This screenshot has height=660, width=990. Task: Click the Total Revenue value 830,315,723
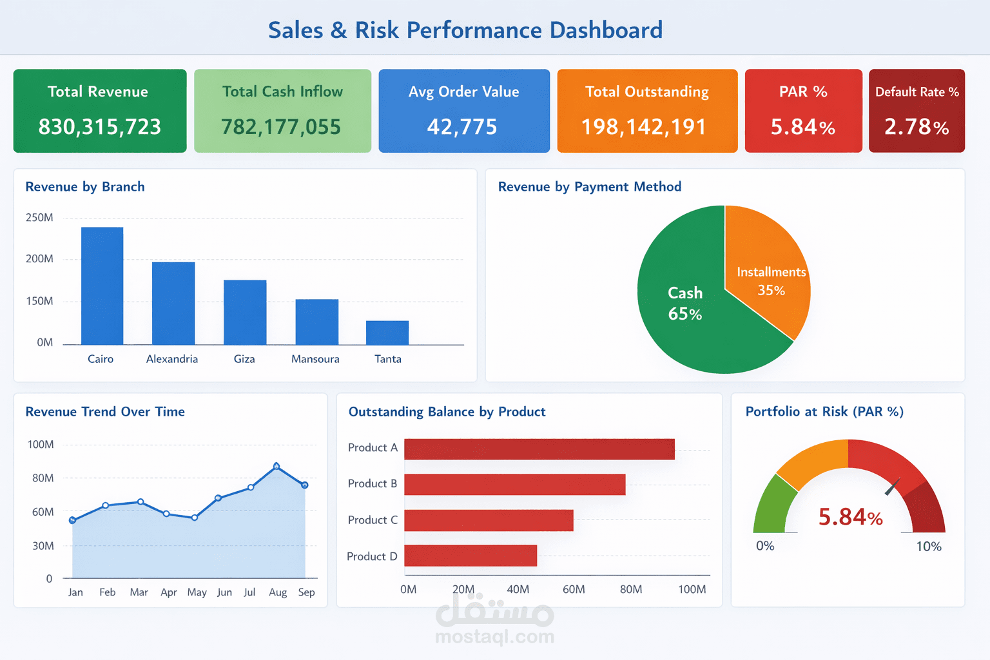click(x=100, y=127)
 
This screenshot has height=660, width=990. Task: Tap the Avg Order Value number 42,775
click(x=462, y=127)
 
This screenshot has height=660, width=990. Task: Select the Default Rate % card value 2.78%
click(x=916, y=127)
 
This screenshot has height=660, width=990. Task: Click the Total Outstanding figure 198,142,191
click(x=644, y=127)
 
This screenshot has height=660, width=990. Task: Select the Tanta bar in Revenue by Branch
click(x=387, y=333)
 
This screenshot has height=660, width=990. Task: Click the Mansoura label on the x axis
click(x=315, y=359)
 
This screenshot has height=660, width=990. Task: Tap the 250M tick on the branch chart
click(x=39, y=218)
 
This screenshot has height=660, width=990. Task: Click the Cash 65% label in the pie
click(x=684, y=304)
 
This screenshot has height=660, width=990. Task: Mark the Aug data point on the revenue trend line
click(x=277, y=466)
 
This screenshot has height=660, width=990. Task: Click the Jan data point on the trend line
click(x=73, y=520)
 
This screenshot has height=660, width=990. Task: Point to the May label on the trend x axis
click(x=197, y=592)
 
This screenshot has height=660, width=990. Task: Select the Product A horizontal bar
click(x=539, y=449)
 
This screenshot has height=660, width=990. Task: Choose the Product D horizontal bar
click(x=471, y=556)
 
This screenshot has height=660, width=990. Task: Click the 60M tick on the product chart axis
click(x=574, y=589)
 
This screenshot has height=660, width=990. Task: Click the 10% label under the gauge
click(x=929, y=547)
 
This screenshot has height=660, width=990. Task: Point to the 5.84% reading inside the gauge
click(x=850, y=517)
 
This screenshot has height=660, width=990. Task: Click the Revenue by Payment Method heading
click(x=589, y=187)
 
